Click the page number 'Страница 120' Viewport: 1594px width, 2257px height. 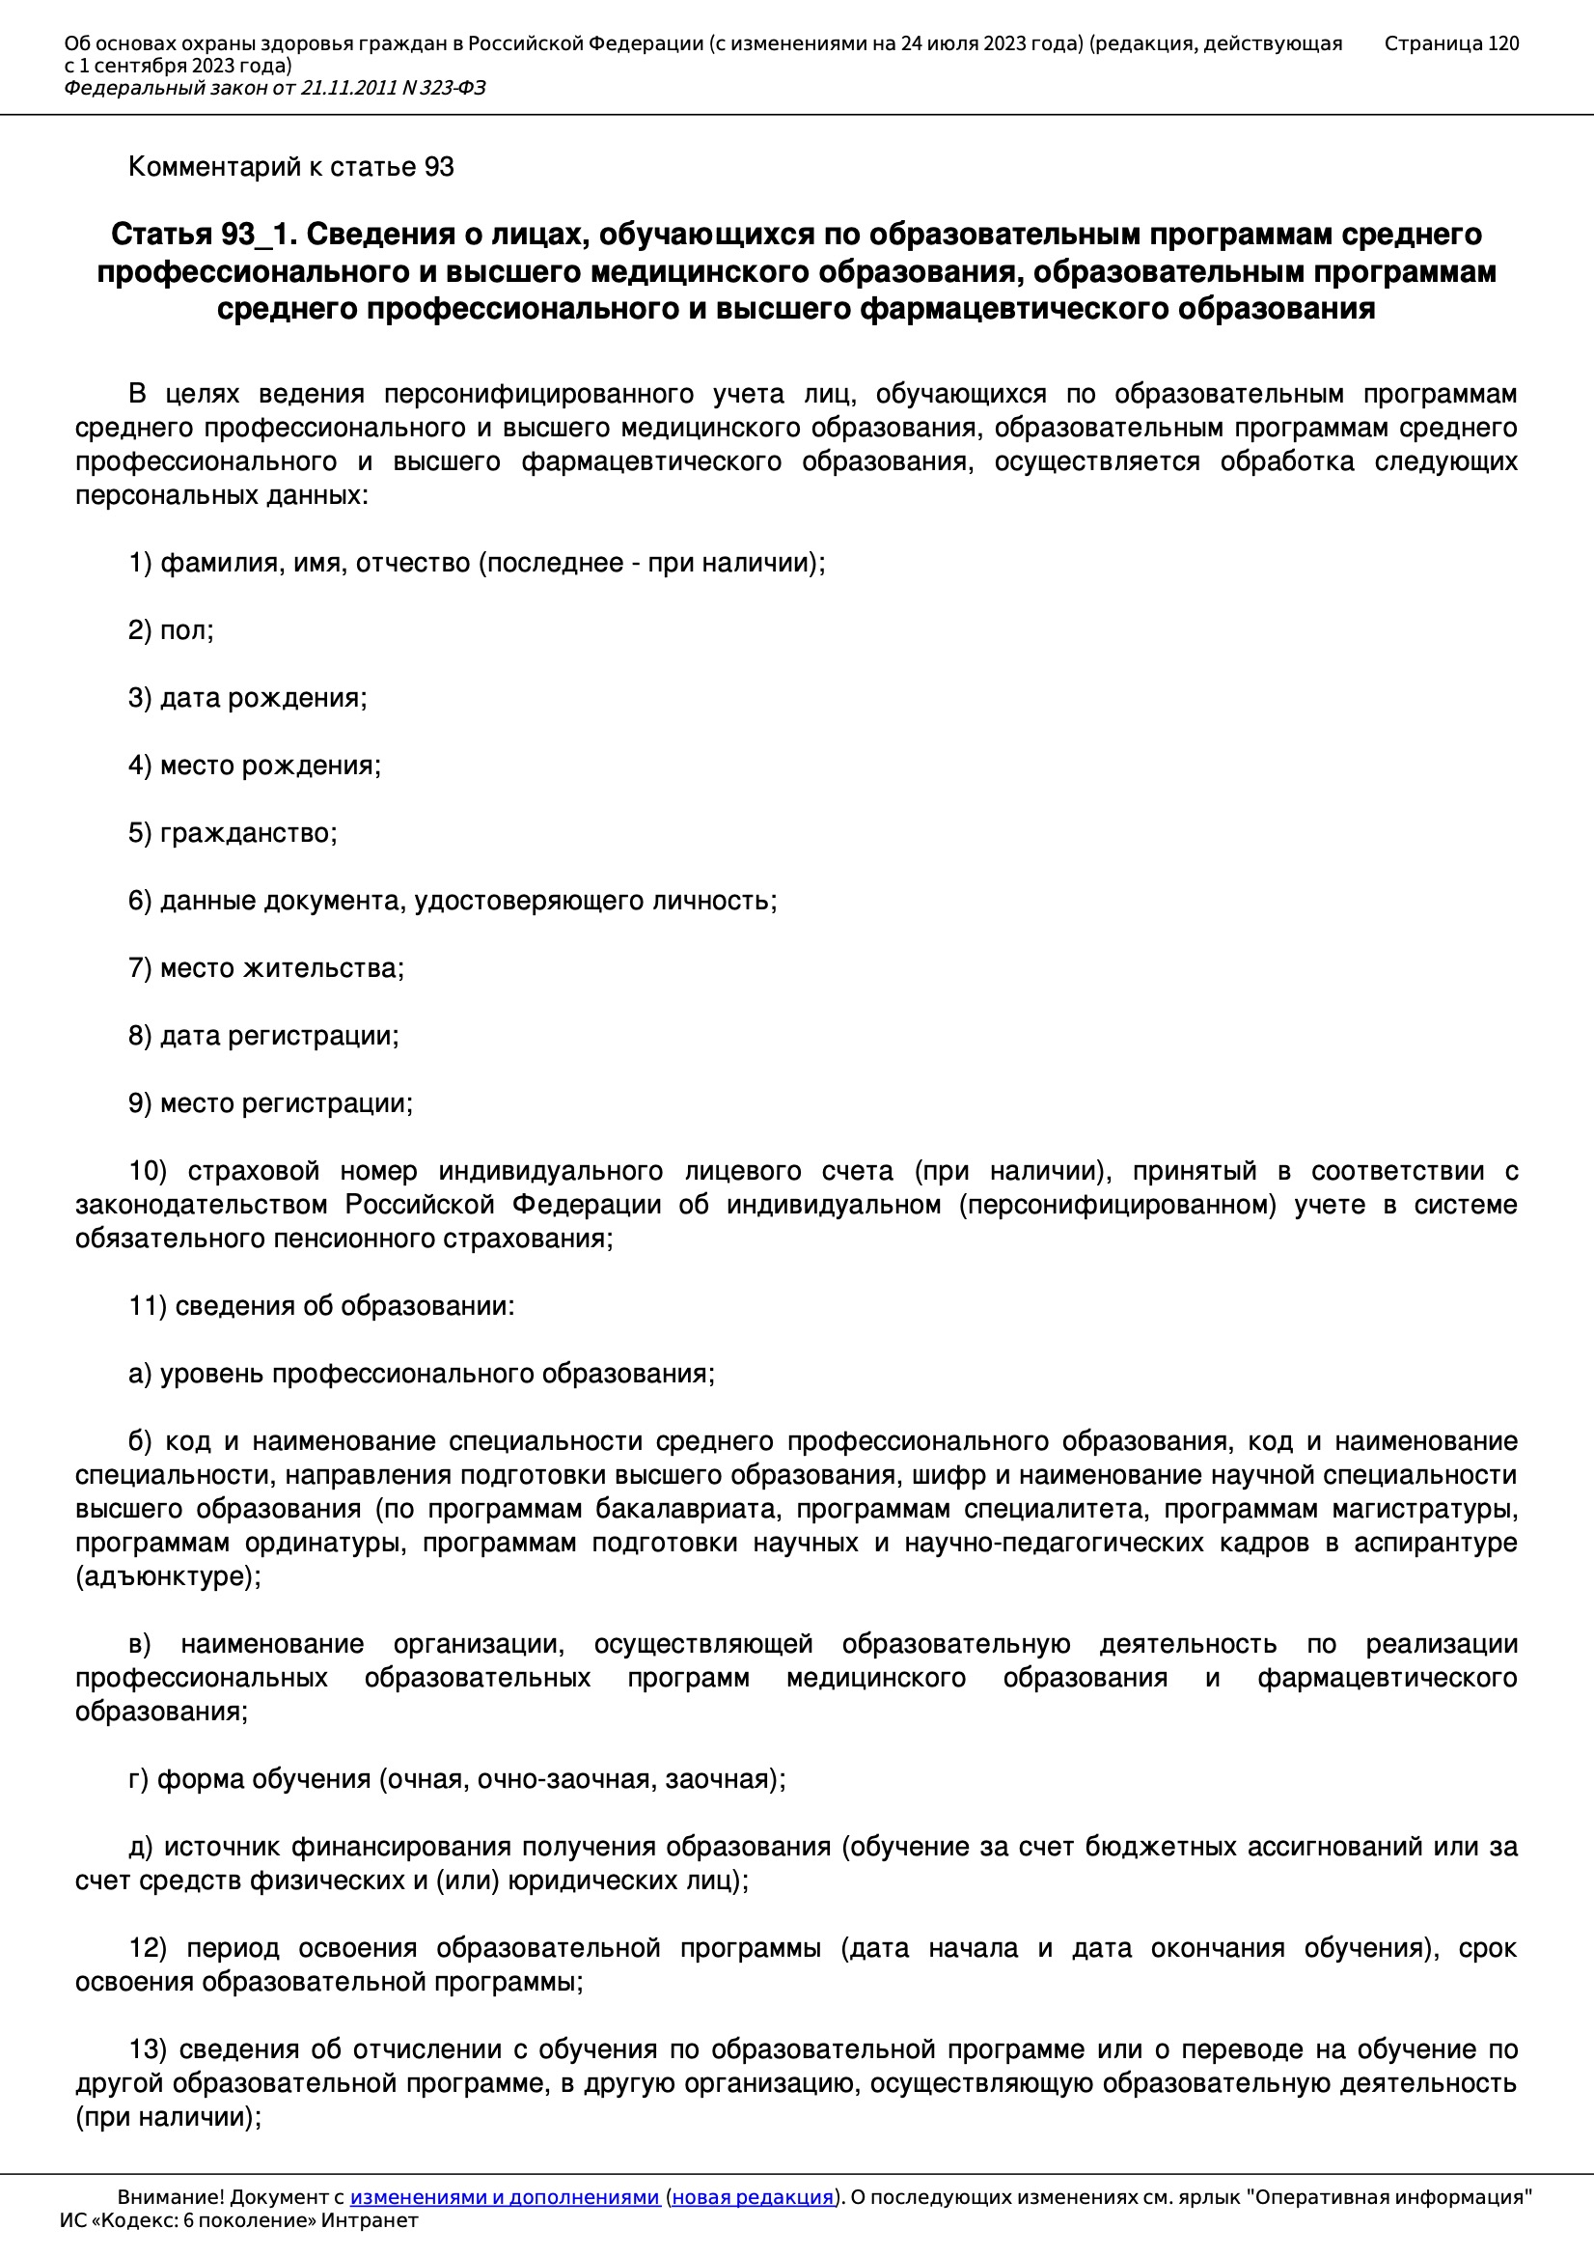[1450, 43]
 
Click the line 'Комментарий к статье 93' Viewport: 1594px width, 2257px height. [290, 167]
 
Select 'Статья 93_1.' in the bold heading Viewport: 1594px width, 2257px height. [204, 235]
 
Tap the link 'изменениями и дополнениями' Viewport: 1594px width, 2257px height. [504, 2197]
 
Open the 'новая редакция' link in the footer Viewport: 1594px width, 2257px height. [753, 2197]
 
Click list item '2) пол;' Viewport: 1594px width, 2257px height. [171, 630]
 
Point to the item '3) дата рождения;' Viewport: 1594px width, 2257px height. [248, 698]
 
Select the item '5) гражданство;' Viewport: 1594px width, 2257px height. [233, 832]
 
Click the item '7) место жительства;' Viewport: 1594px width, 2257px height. [266, 968]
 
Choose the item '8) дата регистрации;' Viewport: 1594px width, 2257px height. [263, 1035]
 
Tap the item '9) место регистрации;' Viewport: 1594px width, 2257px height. [270, 1103]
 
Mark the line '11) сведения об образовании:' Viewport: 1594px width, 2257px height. [321, 1305]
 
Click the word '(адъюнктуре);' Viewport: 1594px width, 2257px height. [169, 1575]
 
